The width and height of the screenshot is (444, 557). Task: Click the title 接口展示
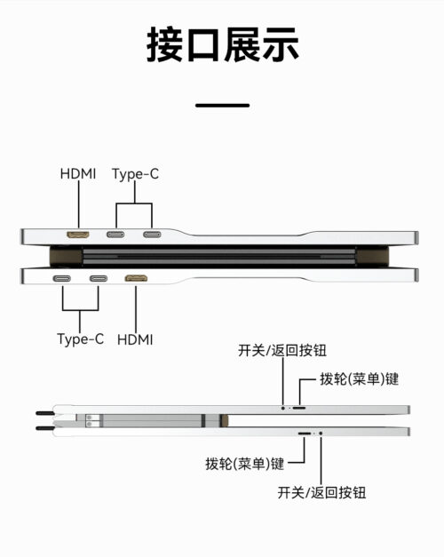click(222, 44)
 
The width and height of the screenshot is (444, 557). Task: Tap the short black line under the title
click(222, 105)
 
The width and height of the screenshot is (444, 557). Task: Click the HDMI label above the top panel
click(78, 174)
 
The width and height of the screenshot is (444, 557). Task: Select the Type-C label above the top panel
click(135, 174)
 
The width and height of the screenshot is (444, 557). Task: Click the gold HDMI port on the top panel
click(78, 235)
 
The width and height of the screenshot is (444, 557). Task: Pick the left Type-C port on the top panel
click(115, 235)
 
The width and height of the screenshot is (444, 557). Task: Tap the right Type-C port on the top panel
click(152, 235)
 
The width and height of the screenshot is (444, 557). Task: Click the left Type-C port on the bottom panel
click(62, 279)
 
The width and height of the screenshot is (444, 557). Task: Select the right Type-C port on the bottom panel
click(99, 279)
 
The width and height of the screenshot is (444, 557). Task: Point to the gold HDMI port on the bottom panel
click(136, 279)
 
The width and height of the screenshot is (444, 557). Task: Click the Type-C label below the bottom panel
click(80, 339)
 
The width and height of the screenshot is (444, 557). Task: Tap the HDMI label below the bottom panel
click(135, 340)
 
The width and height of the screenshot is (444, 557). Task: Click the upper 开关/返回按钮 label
click(282, 351)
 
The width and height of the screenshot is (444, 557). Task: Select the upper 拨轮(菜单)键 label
click(359, 379)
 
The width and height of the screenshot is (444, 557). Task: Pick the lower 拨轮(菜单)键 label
click(245, 464)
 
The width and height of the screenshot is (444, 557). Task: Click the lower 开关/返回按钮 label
click(321, 493)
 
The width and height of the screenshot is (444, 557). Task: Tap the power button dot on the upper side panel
click(283, 408)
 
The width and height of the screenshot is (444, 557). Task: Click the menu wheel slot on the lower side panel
click(305, 434)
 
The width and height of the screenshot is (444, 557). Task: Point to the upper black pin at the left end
click(45, 413)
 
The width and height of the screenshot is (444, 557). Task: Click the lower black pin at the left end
click(45, 428)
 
